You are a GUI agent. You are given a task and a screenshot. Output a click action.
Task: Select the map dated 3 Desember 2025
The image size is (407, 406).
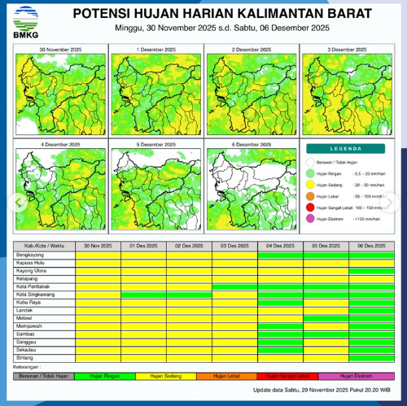click(x=346, y=89)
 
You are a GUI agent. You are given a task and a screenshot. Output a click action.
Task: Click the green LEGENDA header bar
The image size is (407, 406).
click(x=347, y=150)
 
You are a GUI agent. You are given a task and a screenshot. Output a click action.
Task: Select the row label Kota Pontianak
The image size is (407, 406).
click(x=33, y=286)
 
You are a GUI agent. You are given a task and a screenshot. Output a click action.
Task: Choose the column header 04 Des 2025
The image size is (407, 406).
click(x=280, y=246)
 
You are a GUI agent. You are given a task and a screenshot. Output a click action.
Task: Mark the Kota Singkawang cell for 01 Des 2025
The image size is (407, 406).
click(x=142, y=295)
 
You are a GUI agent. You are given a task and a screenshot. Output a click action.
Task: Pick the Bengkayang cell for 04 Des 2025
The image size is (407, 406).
click(x=280, y=255)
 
